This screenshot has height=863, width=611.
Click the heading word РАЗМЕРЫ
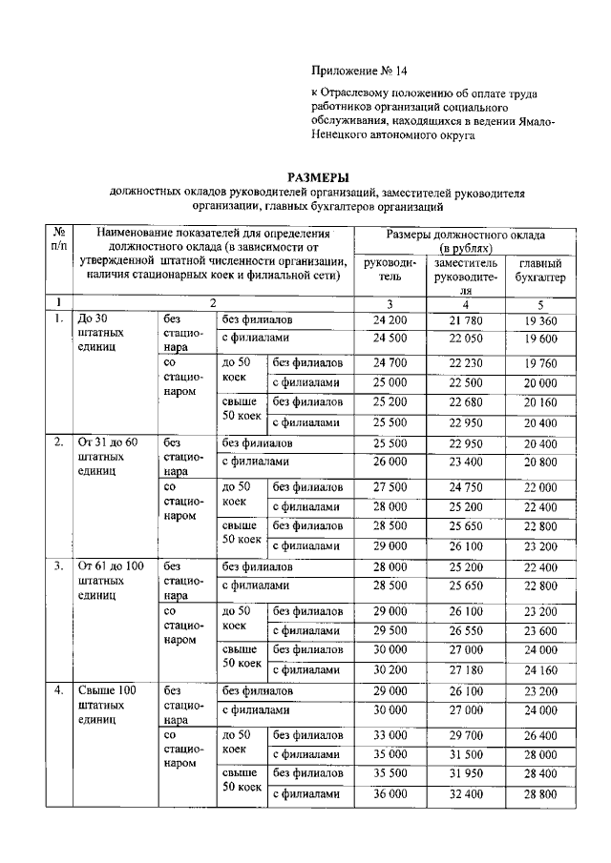point(320,177)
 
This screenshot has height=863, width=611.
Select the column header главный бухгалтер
point(538,270)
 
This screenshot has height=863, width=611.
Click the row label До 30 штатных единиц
point(98,333)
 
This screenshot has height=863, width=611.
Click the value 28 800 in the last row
point(538,792)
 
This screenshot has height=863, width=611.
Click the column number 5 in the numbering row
point(538,302)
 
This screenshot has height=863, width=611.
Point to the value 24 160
point(538,668)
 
